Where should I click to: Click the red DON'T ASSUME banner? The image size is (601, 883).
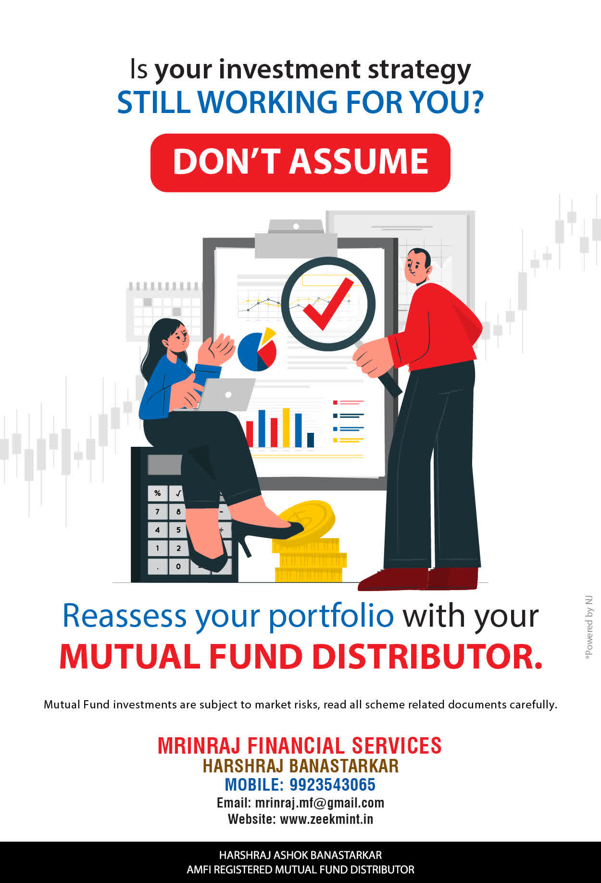point(300,163)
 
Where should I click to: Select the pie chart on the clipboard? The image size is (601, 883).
point(257,350)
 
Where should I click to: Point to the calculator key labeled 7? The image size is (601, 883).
point(157,511)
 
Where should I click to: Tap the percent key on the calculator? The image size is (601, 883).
point(157,493)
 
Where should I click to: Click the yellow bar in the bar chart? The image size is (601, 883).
point(286,428)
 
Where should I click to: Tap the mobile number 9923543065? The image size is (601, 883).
point(332,784)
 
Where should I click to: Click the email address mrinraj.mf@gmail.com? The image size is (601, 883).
point(319,803)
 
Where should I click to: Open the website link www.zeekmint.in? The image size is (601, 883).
point(326,819)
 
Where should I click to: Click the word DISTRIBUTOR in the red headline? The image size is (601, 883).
point(427,656)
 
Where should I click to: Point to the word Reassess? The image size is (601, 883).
point(124,616)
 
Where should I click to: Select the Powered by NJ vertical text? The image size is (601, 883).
point(589,628)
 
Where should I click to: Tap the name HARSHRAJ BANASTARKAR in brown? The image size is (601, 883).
point(300,766)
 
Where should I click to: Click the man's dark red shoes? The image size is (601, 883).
point(418,579)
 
